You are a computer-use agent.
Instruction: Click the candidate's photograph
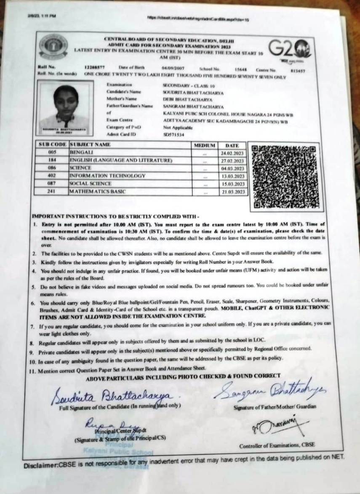[65, 108]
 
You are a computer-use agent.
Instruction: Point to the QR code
[280, 177]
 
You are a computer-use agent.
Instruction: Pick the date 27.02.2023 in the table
[232, 161]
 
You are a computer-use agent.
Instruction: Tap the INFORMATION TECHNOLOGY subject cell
[107, 176]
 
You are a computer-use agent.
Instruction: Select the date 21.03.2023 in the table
[232, 192]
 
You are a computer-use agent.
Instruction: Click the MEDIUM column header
[204, 145]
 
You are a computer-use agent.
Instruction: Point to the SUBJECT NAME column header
[91, 145]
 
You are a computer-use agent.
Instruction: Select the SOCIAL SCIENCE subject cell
[91, 184]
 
